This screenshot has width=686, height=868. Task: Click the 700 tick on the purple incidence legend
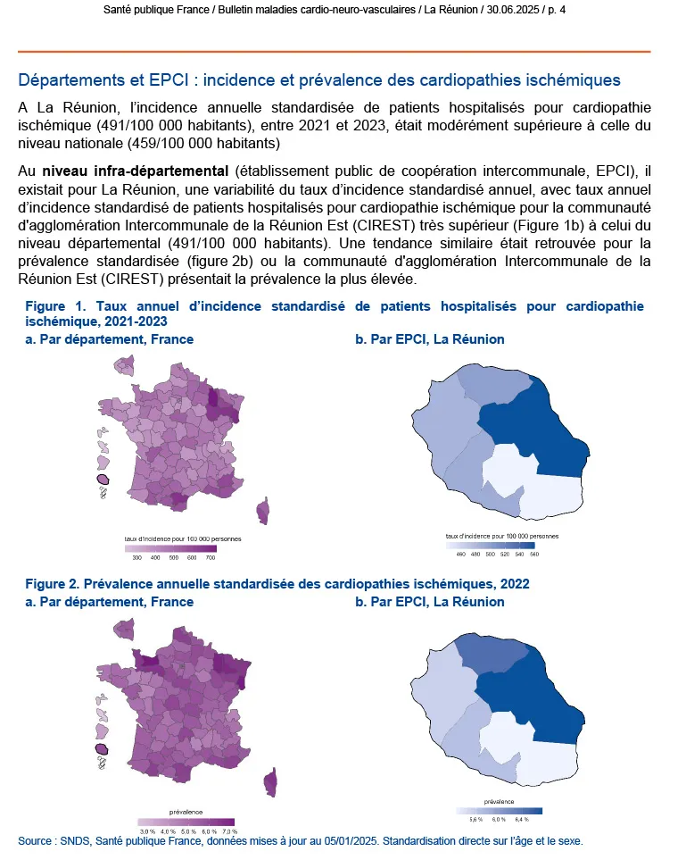[x=210, y=556]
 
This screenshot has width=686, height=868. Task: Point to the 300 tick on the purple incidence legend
[x=136, y=556]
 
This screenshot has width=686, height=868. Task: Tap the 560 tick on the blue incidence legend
[x=533, y=555]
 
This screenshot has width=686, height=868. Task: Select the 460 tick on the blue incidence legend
[x=460, y=555]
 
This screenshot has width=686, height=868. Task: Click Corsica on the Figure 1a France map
[x=262, y=511]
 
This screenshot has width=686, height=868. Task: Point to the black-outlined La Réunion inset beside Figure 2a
[x=103, y=749]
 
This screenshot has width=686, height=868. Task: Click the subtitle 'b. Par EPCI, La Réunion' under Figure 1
[x=429, y=339]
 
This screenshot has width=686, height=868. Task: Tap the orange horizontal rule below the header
[x=334, y=51]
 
